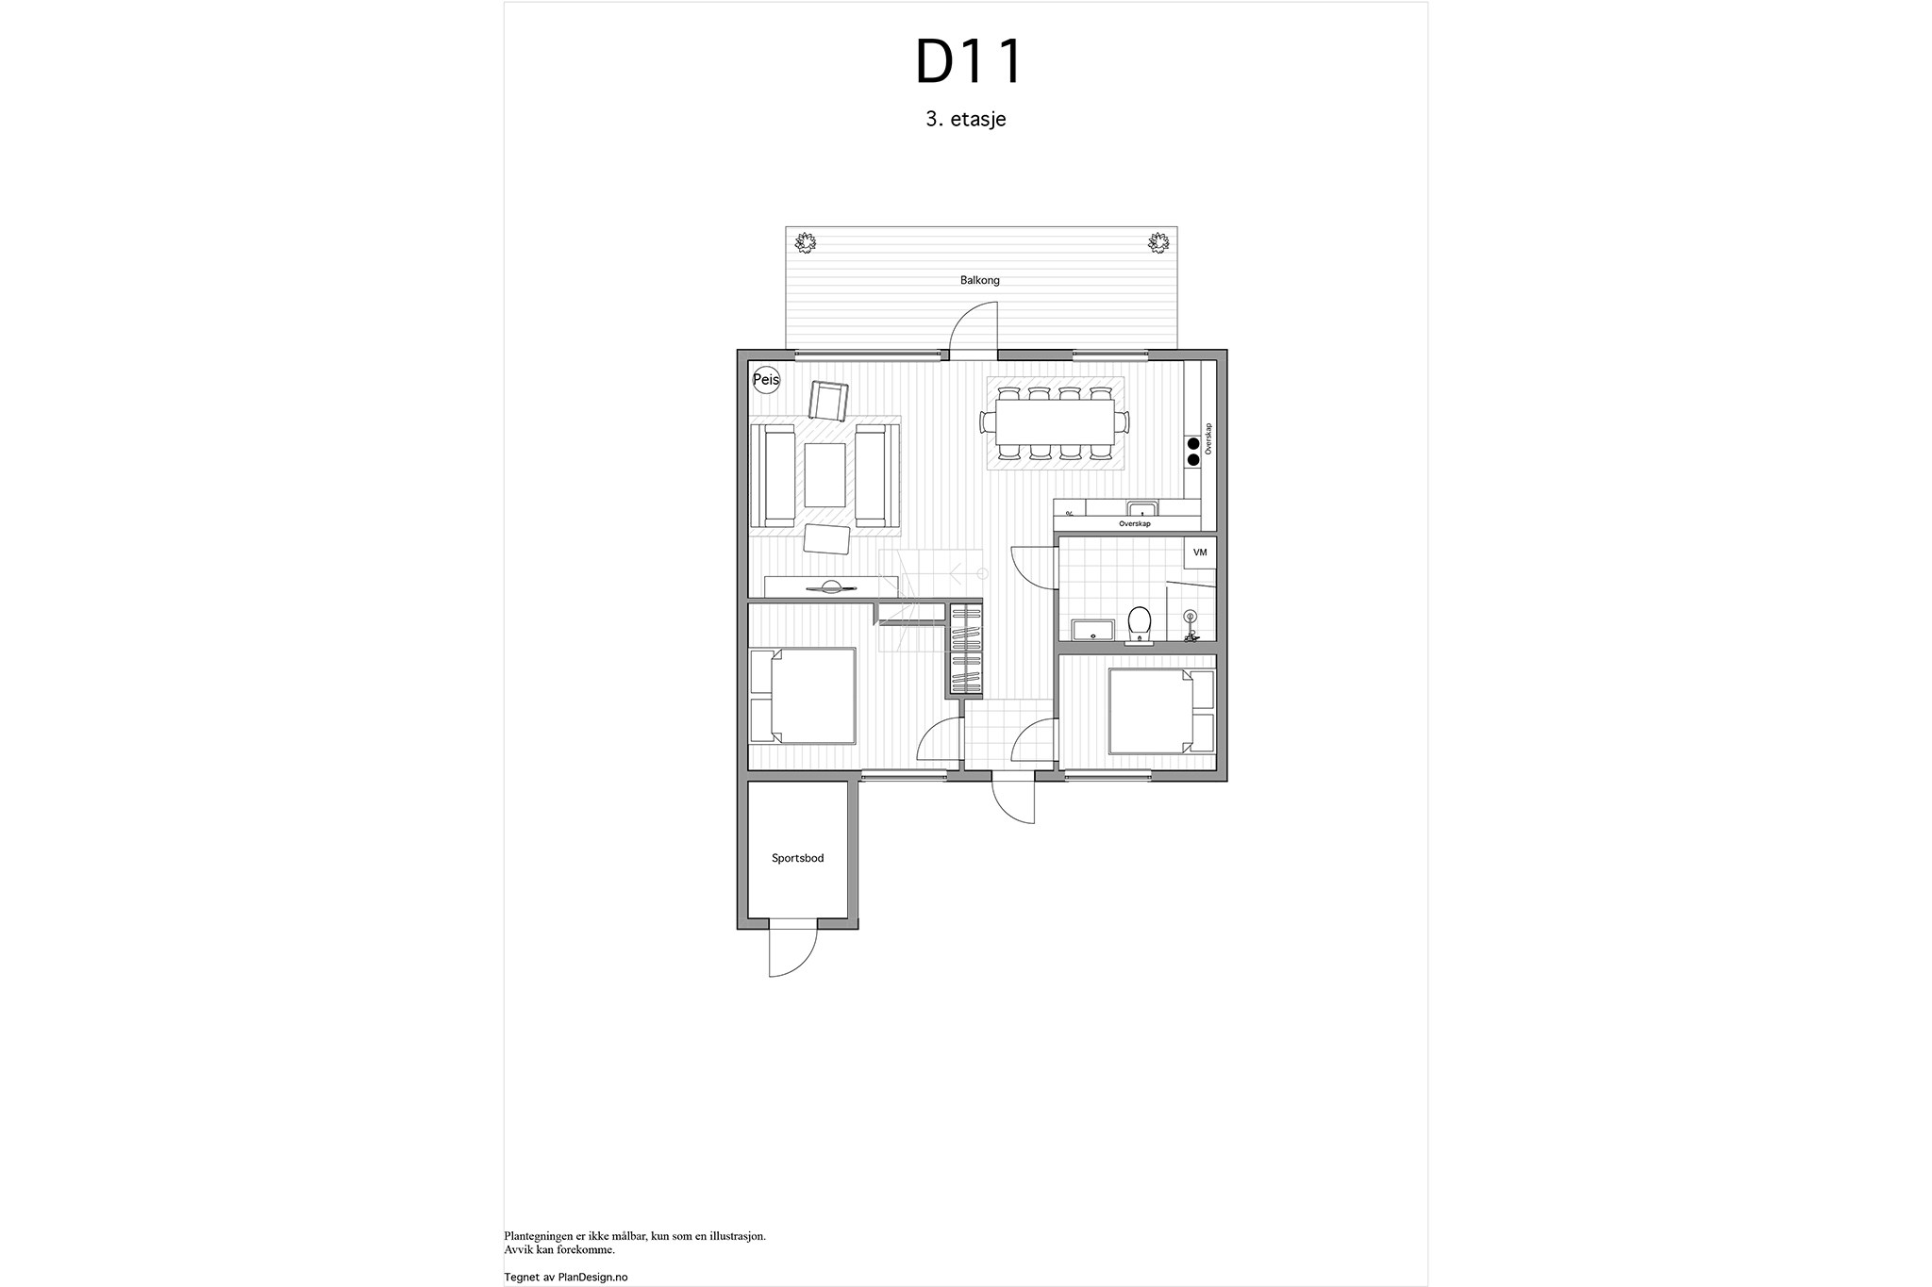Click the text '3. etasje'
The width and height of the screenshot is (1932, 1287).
(965, 120)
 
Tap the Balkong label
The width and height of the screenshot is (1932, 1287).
(980, 280)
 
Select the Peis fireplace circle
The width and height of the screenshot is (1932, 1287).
(766, 380)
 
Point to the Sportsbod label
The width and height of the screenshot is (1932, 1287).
(798, 858)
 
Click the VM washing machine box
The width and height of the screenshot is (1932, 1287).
(1200, 553)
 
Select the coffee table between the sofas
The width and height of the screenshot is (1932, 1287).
(824, 475)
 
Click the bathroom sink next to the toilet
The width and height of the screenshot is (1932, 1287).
(1092, 630)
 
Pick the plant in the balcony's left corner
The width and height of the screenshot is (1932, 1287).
(805, 243)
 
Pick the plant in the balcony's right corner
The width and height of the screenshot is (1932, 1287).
(1158, 243)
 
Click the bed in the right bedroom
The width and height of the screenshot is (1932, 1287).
(1161, 712)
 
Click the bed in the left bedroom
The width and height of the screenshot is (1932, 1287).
(803, 697)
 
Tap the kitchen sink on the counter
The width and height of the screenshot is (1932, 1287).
(1142, 509)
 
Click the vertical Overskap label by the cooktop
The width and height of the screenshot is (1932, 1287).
(1208, 438)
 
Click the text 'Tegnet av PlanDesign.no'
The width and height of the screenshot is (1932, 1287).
(566, 1277)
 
